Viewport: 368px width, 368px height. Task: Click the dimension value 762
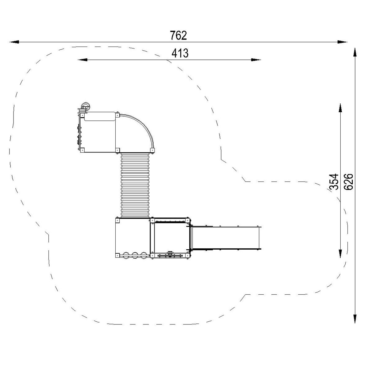pyautogui.click(x=178, y=35)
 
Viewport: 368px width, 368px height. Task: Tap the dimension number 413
pyautogui.click(x=180, y=53)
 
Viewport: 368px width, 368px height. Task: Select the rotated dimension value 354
pyautogui.click(x=334, y=182)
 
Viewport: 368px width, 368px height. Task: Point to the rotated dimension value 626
pyautogui.click(x=348, y=182)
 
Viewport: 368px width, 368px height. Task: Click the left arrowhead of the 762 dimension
pyautogui.click(x=14, y=42)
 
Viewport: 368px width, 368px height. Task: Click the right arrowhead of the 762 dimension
pyautogui.click(x=342, y=42)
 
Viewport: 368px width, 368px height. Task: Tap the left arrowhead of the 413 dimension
pyautogui.click(x=82, y=60)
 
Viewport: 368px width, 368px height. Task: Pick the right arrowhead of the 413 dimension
pyautogui.click(x=256, y=60)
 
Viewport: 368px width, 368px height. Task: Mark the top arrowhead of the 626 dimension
pyautogui.click(x=355, y=52)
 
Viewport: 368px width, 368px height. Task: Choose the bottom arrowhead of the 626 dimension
pyautogui.click(x=355, y=318)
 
